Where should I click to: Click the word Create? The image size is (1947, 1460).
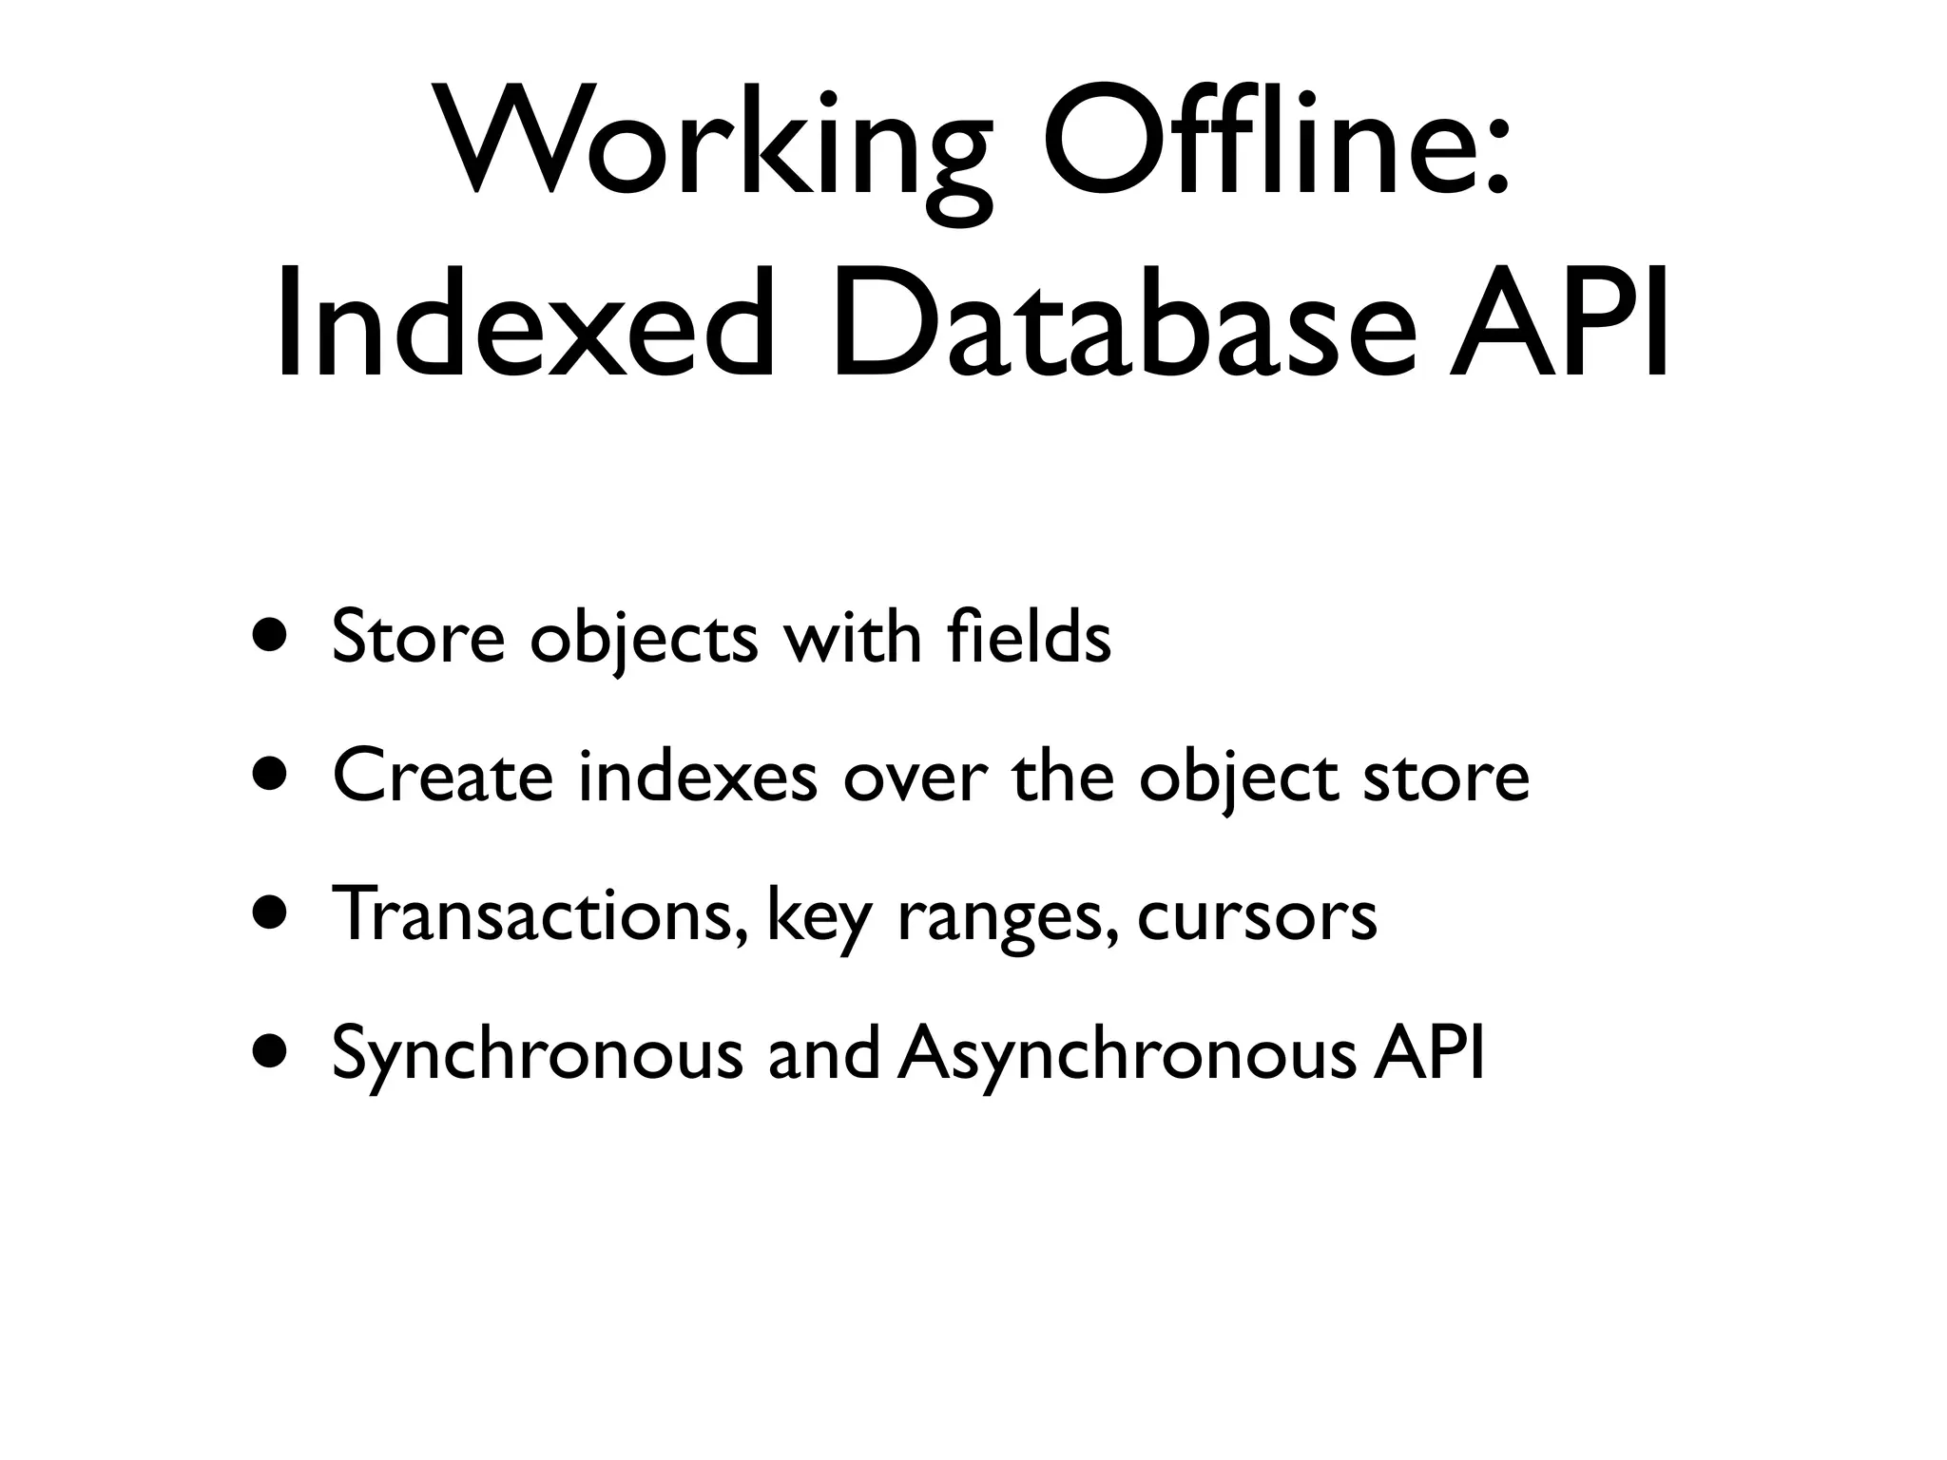coord(443,775)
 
